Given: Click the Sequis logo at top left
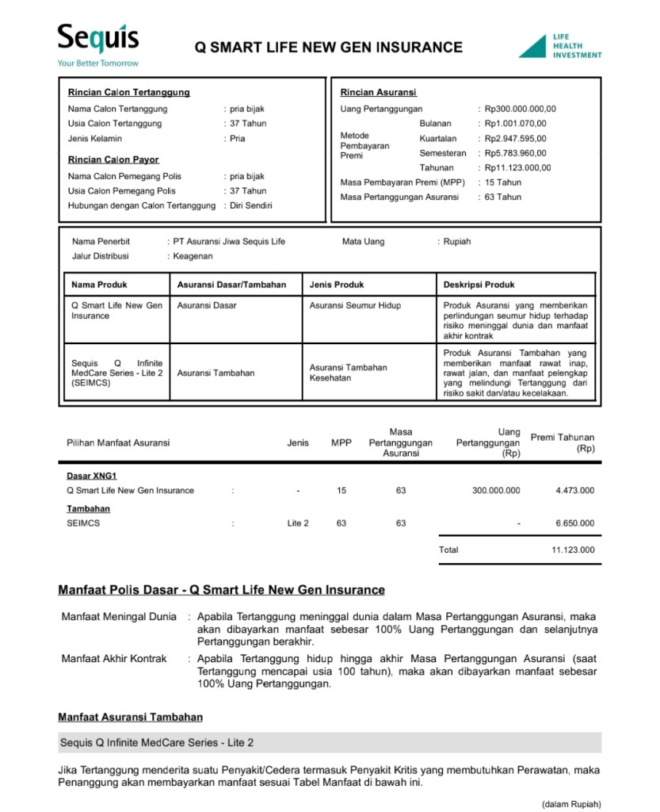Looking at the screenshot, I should (97, 40).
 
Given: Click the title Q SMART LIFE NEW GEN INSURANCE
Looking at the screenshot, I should (329, 48).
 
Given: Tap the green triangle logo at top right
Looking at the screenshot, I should (535, 47).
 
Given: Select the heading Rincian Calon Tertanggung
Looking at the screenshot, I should (128, 93).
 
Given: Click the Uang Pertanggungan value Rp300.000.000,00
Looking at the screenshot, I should (520, 109).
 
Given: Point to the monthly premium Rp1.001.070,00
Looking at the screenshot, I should (515, 124).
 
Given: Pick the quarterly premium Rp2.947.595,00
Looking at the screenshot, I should (515, 139).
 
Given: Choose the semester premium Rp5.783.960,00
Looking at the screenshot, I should (515, 153).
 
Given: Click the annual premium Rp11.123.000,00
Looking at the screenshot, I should (517, 168).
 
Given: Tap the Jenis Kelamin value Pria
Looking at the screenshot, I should (238, 139).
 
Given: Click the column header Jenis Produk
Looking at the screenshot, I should (337, 285).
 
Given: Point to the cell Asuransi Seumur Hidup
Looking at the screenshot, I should (355, 305).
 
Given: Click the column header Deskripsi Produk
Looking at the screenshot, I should (479, 285).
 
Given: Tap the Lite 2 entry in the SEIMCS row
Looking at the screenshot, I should (298, 523).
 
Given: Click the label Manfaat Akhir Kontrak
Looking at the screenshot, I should (114, 659).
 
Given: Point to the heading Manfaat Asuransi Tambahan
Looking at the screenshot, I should (130, 718).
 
